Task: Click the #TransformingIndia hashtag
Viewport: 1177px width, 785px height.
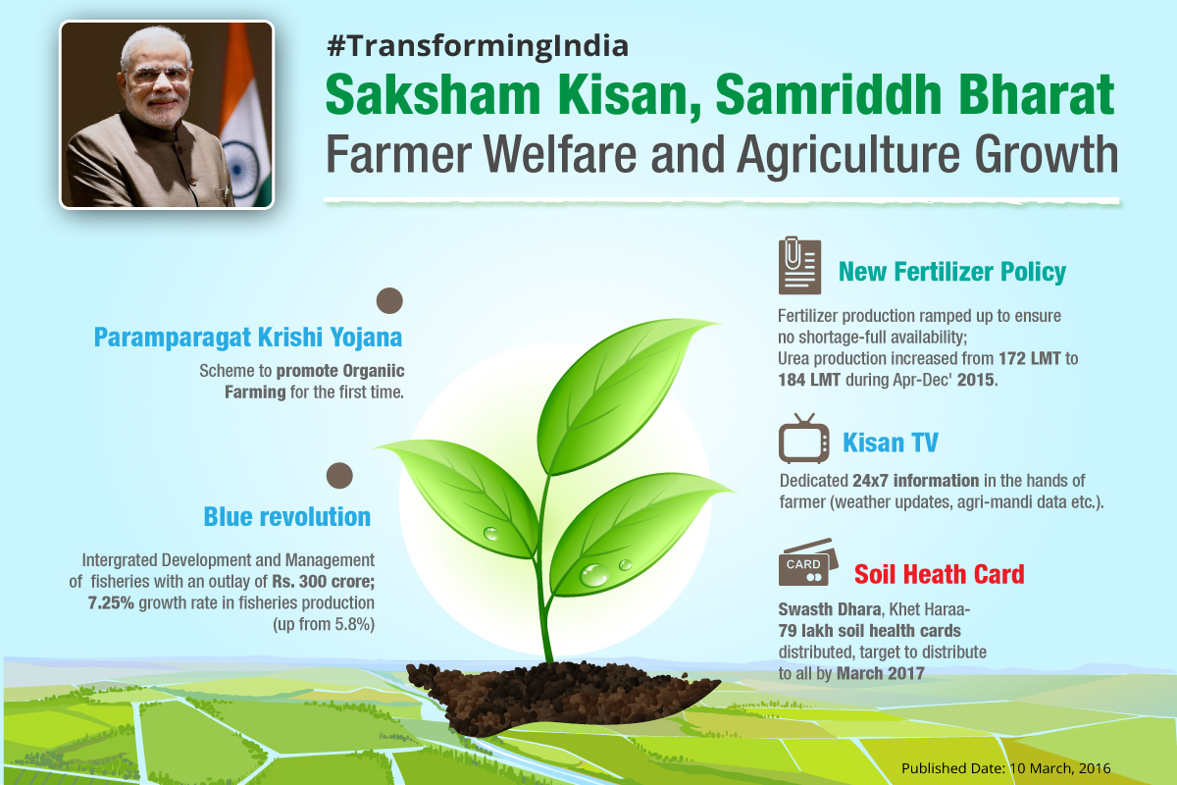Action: (x=477, y=46)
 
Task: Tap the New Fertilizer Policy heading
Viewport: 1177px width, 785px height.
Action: (x=952, y=272)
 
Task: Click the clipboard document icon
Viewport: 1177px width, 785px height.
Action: (x=799, y=266)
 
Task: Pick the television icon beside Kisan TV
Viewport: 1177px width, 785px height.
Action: (x=804, y=439)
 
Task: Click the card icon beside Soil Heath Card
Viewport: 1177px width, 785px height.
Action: (x=807, y=562)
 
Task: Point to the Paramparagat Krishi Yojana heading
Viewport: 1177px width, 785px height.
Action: (x=248, y=338)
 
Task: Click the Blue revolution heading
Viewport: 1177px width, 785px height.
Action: (x=286, y=517)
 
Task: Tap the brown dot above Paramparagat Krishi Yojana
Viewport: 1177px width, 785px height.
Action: (x=389, y=300)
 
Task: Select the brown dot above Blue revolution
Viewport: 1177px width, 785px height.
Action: (x=339, y=475)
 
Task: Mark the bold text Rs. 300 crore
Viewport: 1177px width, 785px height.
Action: (x=323, y=582)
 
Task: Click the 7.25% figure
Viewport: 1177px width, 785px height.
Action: (x=111, y=603)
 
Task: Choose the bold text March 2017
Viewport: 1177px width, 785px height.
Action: (x=880, y=673)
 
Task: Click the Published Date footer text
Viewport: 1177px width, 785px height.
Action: (x=1005, y=768)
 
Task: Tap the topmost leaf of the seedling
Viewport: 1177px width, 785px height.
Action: (x=623, y=395)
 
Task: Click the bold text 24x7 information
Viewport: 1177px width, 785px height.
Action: (x=915, y=481)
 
